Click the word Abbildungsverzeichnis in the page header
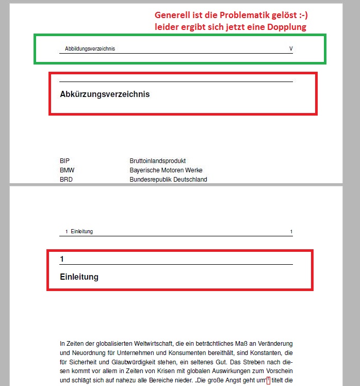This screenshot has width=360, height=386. pos(90,49)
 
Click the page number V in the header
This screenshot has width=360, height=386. pos(291,49)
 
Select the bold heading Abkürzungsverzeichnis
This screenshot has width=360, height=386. pos(105,94)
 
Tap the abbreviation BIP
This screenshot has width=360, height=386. pos(64,161)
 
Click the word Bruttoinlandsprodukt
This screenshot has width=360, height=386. pos(157,161)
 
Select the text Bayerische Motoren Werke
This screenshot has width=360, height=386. pos(166,170)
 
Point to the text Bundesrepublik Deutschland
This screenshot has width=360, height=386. pos(168,180)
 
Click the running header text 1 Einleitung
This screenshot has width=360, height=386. pos(79,232)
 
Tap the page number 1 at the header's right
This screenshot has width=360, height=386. pos(291,232)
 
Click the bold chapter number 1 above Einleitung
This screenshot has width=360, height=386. pos(62,258)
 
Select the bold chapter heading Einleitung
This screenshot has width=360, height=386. pos(79,277)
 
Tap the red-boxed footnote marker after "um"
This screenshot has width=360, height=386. pos(268,381)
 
